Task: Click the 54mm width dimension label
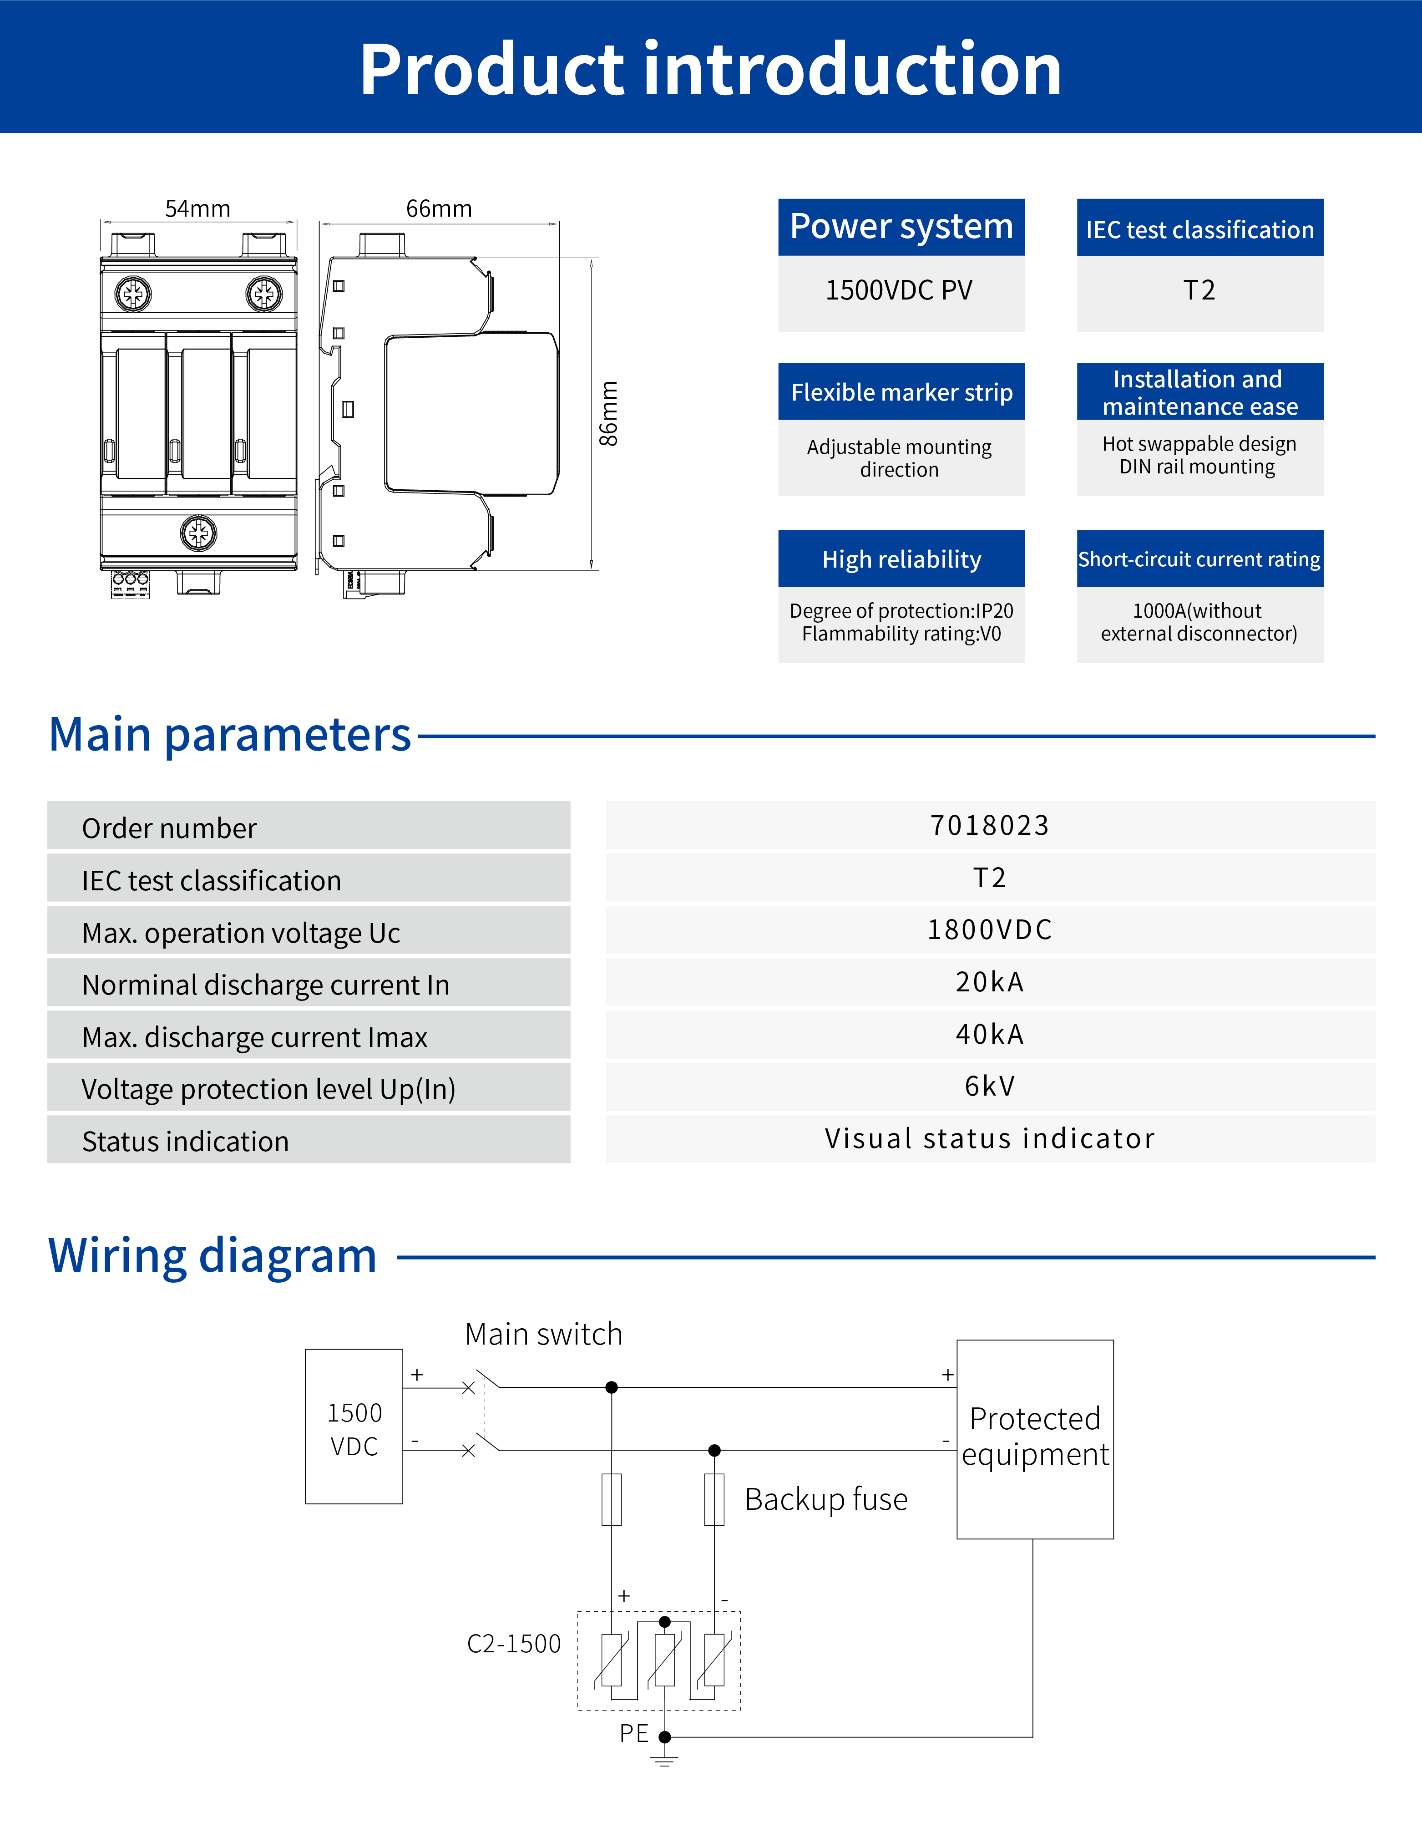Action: click(197, 208)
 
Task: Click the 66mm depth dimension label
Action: click(439, 208)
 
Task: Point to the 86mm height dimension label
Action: click(609, 413)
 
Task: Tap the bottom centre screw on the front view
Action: click(198, 532)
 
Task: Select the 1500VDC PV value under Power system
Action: click(900, 290)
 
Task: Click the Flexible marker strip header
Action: click(901, 392)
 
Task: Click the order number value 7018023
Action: click(989, 825)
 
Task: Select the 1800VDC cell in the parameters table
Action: click(989, 930)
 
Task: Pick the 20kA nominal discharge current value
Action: click(989, 982)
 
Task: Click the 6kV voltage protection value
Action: click(989, 1087)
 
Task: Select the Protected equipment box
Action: click(1034, 1438)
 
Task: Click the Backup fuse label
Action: click(826, 1499)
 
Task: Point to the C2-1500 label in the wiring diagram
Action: click(513, 1644)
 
